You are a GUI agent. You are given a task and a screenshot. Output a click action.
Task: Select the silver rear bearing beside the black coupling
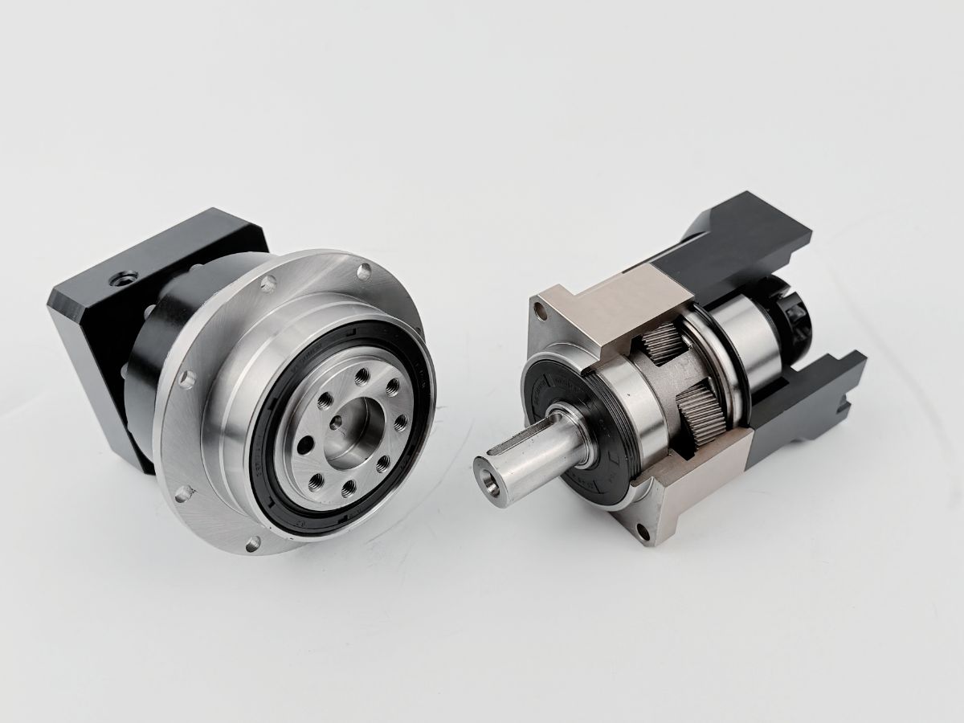pos(743,329)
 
